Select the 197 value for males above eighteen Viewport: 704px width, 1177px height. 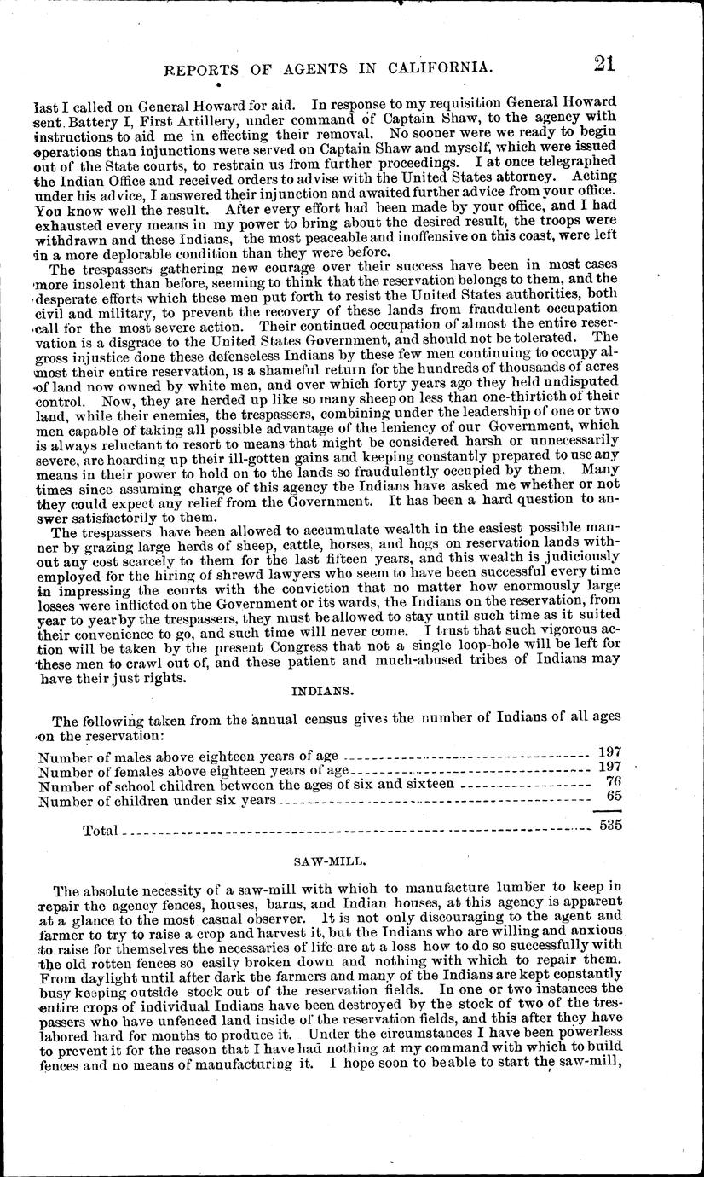tap(609, 751)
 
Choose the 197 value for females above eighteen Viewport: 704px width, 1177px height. tap(609, 767)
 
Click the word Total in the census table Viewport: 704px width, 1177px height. tap(100, 830)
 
